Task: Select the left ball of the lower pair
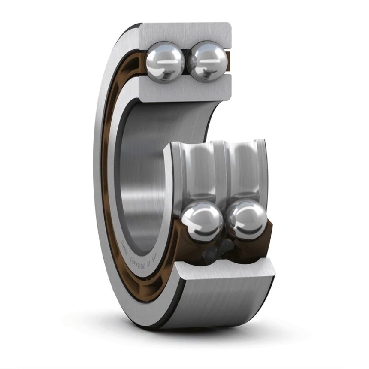(x=202, y=221)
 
